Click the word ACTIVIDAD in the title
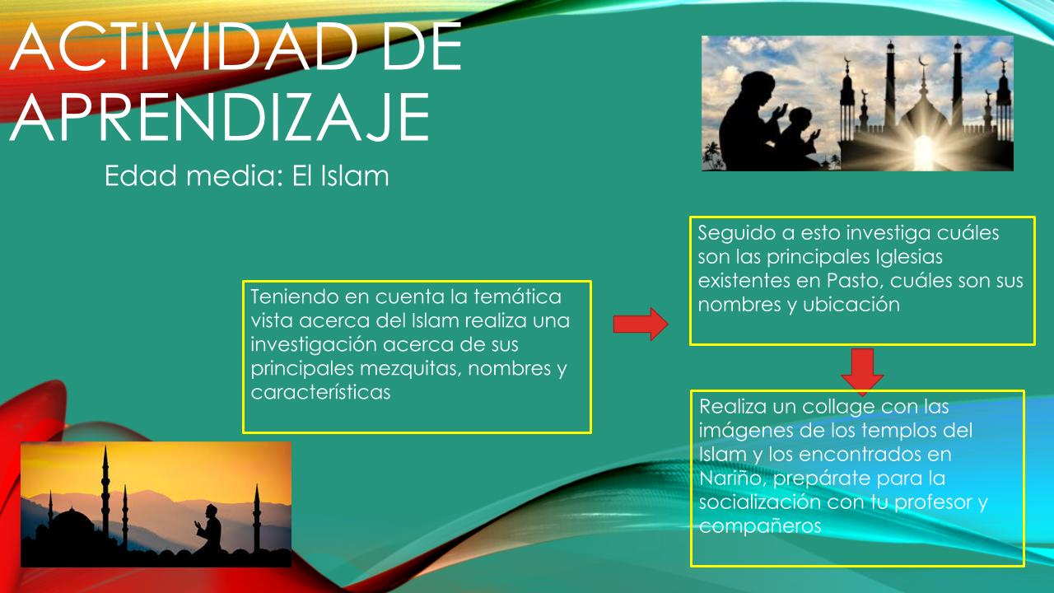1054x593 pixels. coord(184,47)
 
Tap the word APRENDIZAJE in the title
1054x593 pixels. coord(219,117)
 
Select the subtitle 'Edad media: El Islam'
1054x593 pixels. coord(246,176)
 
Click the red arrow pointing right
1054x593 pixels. coord(641,324)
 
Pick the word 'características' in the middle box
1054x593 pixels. coord(320,392)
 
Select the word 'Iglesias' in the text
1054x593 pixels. coord(909,258)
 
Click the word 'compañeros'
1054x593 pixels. coord(760,526)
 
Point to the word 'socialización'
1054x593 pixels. coord(760,502)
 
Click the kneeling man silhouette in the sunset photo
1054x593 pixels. coord(209,530)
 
